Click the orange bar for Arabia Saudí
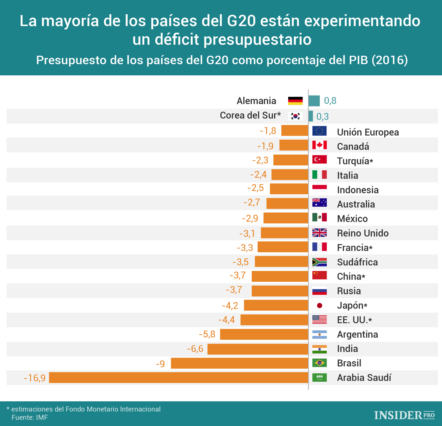(x=178, y=377)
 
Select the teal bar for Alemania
(x=314, y=101)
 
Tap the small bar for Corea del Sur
(x=311, y=116)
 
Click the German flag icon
(x=295, y=101)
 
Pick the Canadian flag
(x=319, y=145)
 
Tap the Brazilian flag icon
(x=319, y=363)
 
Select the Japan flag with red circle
(x=319, y=305)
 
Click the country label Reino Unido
(x=362, y=233)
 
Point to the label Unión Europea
(x=368, y=132)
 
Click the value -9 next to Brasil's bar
(x=160, y=364)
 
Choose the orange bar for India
(x=258, y=349)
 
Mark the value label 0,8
(x=330, y=101)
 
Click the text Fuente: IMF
(x=30, y=417)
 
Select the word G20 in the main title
(x=241, y=21)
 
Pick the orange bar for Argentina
(x=264, y=334)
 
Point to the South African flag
(x=319, y=262)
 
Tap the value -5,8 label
(x=207, y=334)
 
